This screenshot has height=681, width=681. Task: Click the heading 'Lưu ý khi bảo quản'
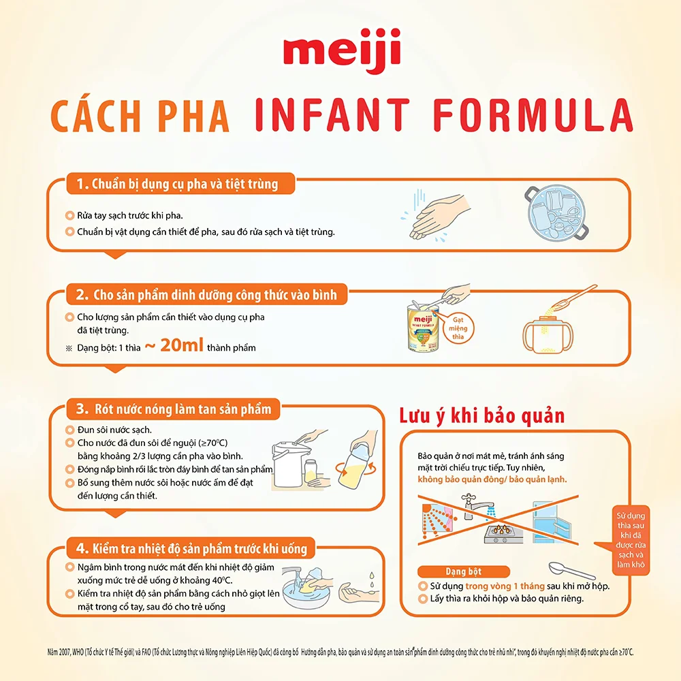pyautogui.click(x=481, y=415)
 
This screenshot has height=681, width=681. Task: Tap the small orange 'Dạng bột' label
pyautogui.click(x=454, y=571)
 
